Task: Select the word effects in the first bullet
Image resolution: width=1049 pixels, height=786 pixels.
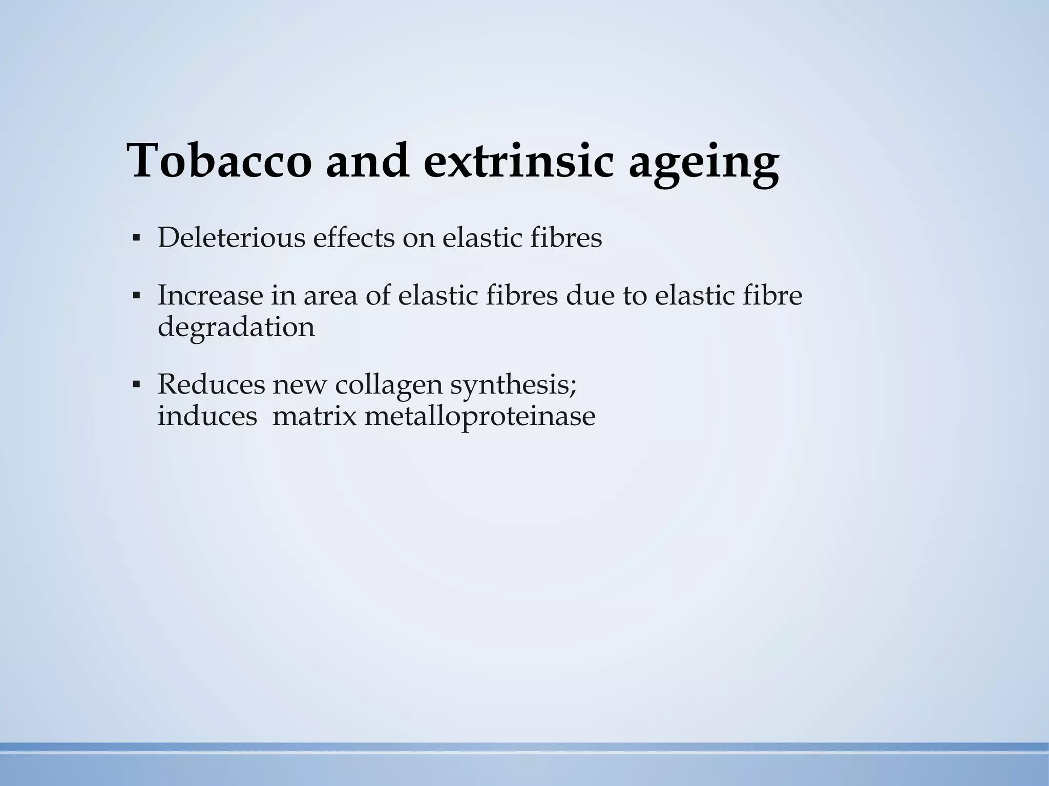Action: pyautogui.click(x=354, y=237)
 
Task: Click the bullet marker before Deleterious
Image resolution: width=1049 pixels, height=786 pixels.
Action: pyautogui.click(x=136, y=238)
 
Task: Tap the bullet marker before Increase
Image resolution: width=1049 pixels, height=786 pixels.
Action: pyautogui.click(x=136, y=295)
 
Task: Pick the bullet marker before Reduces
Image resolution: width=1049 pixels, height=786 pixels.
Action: pyautogui.click(x=136, y=384)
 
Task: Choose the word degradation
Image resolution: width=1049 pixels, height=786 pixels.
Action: pyautogui.click(x=236, y=327)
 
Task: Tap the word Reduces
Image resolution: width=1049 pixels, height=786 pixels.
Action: pyautogui.click(x=211, y=384)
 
